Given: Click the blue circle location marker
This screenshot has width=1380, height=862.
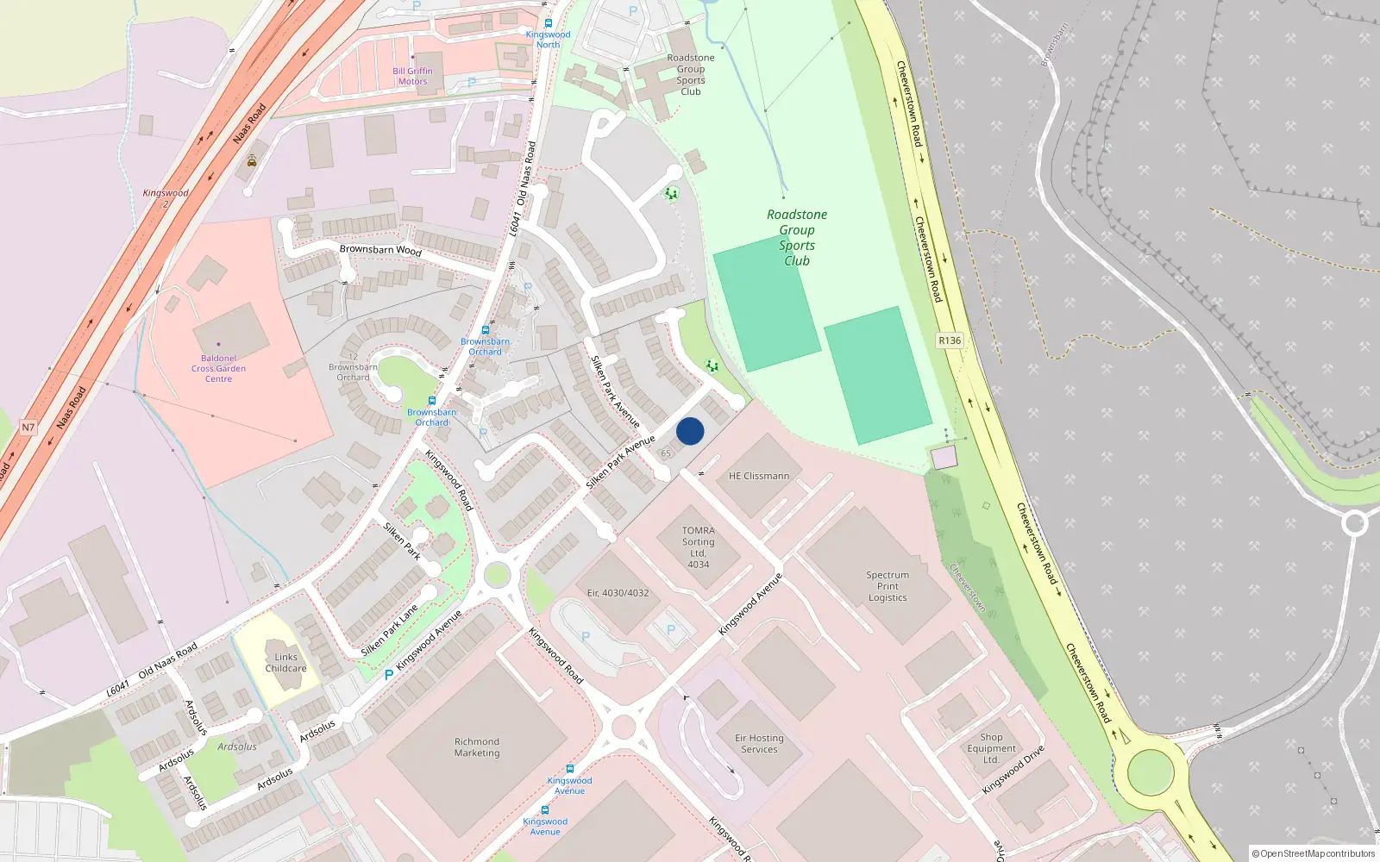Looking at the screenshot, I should click(x=690, y=431).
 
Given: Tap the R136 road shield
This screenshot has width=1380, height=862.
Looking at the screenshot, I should click(x=950, y=340).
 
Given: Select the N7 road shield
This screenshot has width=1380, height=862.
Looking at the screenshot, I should click(x=28, y=428).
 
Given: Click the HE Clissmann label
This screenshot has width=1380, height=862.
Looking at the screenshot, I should click(x=759, y=476).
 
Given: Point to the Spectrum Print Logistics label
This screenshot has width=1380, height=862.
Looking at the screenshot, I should click(x=888, y=586).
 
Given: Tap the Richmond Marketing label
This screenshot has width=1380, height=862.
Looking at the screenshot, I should click(x=477, y=747).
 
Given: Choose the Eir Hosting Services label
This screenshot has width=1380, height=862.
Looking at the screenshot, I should click(x=759, y=744).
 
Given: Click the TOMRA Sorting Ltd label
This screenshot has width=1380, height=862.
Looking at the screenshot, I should click(x=699, y=547).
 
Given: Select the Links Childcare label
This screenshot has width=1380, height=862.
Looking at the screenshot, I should click(x=285, y=662).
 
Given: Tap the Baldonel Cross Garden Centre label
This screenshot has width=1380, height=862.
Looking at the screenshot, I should click(x=218, y=368).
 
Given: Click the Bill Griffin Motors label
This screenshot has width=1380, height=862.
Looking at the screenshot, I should click(x=412, y=76).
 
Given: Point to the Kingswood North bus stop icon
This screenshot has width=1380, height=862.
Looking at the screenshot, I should click(x=548, y=23).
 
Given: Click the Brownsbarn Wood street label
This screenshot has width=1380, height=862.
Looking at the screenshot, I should click(x=380, y=250).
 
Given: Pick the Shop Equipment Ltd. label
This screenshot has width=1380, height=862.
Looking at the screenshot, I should click(x=991, y=748).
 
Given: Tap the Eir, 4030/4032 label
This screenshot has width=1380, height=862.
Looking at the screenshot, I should click(x=618, y=593).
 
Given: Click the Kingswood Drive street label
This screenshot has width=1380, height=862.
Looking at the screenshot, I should click(x=1013, y=770).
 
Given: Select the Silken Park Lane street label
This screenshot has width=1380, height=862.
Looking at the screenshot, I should click(x=390, y=630).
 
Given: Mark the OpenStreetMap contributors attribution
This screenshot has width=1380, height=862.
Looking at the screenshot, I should click(x=1313, y=853).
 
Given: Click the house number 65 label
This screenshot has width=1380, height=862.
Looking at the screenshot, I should click(x=666, y=453).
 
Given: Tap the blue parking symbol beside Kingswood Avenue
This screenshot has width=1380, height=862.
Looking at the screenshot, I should click(x=389, y=675).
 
